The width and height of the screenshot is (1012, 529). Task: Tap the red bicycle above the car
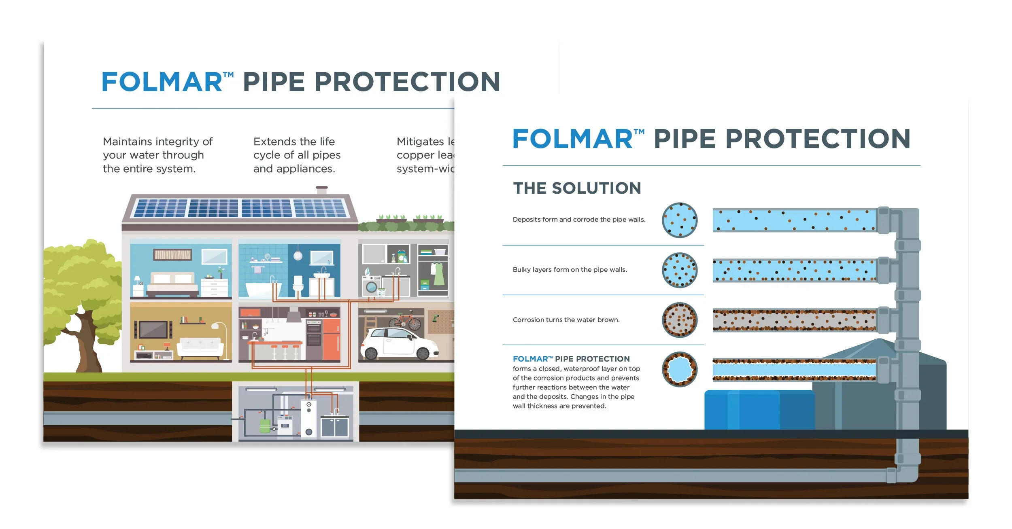point(405,321)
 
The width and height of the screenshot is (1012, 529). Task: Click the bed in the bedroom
point(172,283)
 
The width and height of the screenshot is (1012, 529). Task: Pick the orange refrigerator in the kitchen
point(331,339)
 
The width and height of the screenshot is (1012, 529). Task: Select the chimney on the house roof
point(322,190)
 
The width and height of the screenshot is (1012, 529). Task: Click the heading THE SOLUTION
point(577,188)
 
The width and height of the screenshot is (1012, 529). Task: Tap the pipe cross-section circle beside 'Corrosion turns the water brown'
point(680,320)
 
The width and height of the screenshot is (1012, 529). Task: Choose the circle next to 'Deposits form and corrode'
point(680,220)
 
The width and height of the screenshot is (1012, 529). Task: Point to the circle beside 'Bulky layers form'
point(680,270)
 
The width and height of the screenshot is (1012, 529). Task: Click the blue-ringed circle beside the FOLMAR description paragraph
point(680,369)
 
